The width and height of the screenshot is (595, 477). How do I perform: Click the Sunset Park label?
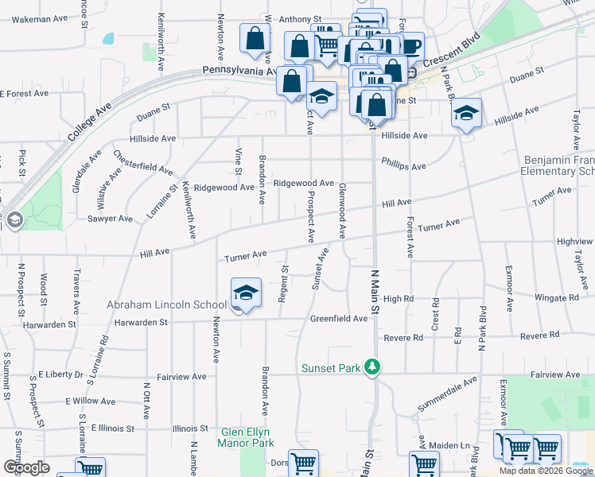(x=331, y=368)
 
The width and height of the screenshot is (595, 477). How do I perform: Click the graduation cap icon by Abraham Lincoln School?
(x=246, y=294)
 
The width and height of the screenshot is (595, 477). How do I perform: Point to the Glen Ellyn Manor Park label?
(x=247, y=437)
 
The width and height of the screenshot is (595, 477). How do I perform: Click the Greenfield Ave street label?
(x=339, y=318)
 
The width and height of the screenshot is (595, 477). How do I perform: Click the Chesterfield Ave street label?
(x=142, y=163)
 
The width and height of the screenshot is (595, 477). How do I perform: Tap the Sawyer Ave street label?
(x=110, y=219)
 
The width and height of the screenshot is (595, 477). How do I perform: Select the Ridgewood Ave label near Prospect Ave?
(x=304, y=183)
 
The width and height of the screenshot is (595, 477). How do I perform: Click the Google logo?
(x=26, y=467)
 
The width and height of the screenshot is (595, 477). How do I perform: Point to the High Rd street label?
(x=399, y=299)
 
